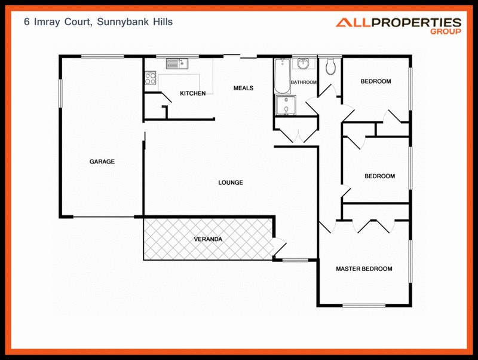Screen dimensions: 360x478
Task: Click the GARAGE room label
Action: coord(102,161)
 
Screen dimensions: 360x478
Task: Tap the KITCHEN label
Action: coord(193,93)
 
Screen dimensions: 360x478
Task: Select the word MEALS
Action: coord(243,88)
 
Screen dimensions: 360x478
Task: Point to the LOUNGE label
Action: coord(231,182)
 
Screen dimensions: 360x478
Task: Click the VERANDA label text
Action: coord(208,239)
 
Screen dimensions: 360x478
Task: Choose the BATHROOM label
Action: coord(304,82)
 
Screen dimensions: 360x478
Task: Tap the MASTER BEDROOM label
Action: coord(364,269)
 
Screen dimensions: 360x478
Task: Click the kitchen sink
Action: coord(177,63)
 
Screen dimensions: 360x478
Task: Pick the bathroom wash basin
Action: coord(304,63)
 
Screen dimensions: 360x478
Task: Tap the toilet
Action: coord(331,67)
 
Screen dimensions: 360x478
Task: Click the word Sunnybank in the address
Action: coord(118,22)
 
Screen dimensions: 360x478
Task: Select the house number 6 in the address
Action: coord(26,22)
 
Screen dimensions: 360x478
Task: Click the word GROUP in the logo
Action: coord(445,32)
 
